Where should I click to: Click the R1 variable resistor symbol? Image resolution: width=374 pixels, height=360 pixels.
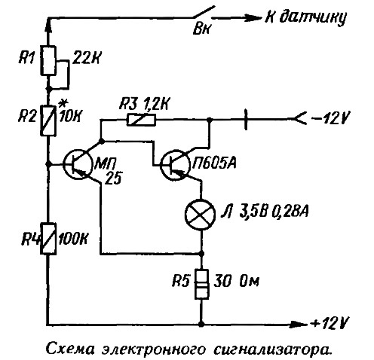point(48,60)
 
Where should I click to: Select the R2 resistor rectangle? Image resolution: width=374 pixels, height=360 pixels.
point(48,121)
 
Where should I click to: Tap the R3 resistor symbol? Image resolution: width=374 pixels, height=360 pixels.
point(141,120)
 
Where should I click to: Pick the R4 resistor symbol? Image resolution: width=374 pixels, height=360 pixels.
point(48,239)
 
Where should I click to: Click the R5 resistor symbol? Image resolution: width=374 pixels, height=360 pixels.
point(202,284)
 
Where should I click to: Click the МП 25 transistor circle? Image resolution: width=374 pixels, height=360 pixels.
point(77,164)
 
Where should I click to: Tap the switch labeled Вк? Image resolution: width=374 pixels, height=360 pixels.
point(204,13)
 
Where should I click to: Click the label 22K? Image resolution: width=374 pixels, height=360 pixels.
point(86,59)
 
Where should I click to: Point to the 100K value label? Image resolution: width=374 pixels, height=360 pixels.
point(72,239)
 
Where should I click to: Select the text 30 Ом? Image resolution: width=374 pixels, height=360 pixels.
point(236,282)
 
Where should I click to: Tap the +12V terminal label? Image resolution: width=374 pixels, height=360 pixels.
point(330,323)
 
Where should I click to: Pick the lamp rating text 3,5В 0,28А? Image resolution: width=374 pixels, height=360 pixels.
point(274,212)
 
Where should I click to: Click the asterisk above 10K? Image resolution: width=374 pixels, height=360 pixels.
point(62,104)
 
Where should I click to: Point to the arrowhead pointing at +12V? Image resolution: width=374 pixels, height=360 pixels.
point(299,324)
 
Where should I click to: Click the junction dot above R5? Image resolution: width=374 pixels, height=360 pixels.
point(201,254)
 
